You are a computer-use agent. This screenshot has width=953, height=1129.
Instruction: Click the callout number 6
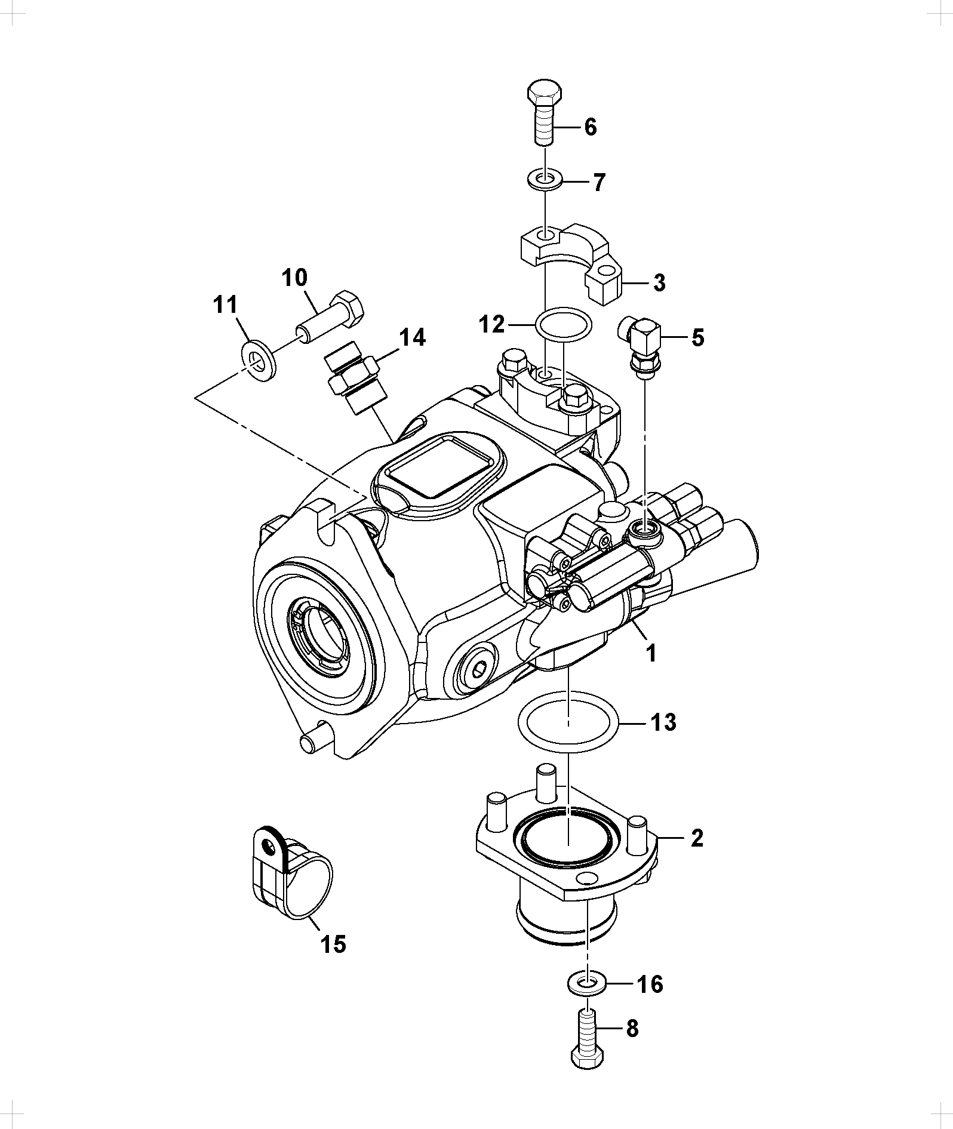coord(590,127)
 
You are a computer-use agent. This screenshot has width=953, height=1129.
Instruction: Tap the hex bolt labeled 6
coord(545,113)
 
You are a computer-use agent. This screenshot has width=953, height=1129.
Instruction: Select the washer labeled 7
coord(545,178)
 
